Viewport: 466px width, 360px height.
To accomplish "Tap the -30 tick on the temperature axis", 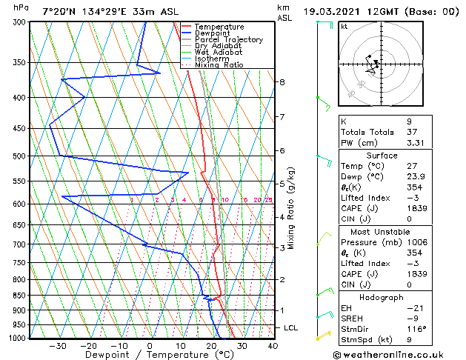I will pos(57,345).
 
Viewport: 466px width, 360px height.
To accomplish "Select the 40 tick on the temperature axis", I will pos(273,345).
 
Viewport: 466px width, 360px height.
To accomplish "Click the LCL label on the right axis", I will pos(291,327).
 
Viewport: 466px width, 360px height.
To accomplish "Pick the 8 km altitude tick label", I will pos(282,81).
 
